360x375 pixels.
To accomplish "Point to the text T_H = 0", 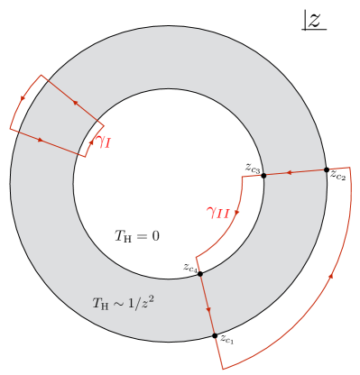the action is click(136, 236).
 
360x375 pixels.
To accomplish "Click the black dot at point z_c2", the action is click(326, 169).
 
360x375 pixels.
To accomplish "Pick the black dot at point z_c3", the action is click(263, 176).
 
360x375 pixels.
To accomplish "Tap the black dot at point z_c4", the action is click(199, 272).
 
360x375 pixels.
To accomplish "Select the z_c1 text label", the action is click(226, 341).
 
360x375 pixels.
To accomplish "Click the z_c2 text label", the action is click(337, 176).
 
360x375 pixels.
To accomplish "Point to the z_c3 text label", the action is click(253, 168).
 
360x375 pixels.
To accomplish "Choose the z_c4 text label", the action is click(189, 268).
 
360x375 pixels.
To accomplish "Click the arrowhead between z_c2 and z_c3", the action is click(291, 173).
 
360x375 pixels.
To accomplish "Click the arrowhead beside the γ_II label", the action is click(237, 214).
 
